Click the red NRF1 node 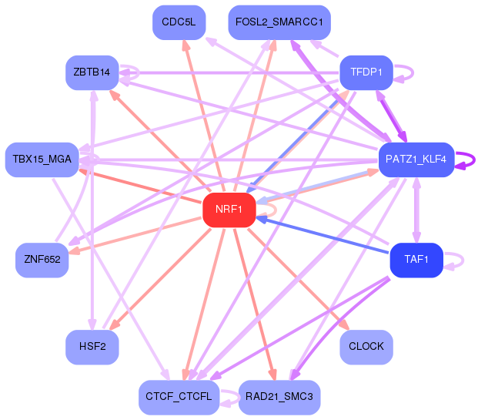[229, 210]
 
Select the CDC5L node [179, 22]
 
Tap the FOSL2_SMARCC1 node [279, 22]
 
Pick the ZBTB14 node [92, 72]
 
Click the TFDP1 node [366, 72]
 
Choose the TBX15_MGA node [42, 160]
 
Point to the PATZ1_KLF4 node [416, 160]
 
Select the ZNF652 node [42, 260]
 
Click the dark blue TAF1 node [416, 260]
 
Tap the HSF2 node [92, 347]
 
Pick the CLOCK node [366, 347]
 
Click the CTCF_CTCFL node [179, 397]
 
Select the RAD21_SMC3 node [279, 397]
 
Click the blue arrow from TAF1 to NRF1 [323, 235]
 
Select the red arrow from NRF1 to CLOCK [298, 279]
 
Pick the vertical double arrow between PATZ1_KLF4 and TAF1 [416, 210]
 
